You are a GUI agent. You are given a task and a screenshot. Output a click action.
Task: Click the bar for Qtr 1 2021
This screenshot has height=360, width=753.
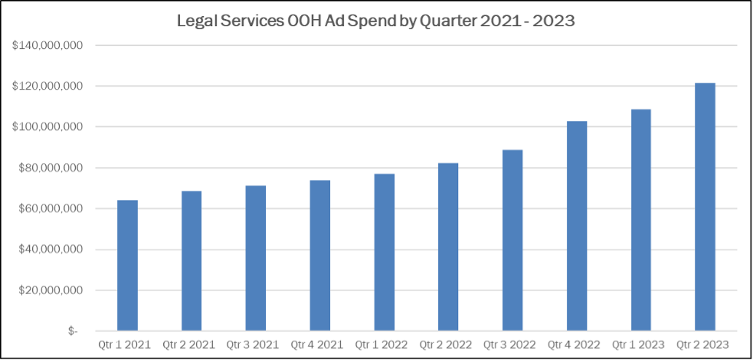(127, 266)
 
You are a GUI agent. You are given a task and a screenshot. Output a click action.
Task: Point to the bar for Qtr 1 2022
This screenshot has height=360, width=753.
(384, 253)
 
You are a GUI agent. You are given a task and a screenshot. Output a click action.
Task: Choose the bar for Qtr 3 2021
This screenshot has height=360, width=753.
(256, 258)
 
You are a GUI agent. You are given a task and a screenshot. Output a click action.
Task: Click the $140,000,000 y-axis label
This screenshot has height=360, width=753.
(47, 45)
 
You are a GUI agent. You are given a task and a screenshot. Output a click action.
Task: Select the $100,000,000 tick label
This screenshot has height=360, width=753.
(47, 127)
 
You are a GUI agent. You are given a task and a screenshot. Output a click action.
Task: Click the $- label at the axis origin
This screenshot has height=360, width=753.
(73, 332)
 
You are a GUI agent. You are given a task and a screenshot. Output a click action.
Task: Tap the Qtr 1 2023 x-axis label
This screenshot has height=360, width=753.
(640, 345)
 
